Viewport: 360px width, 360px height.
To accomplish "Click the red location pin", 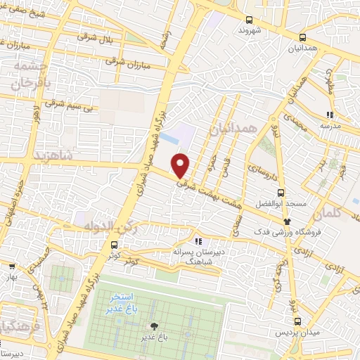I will pyautogui.click(x=181, y=165).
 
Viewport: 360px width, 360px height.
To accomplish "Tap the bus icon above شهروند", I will pyautogui.click(x=249, y=20).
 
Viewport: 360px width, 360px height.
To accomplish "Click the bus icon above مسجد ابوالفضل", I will pyautogui.click(x=281, y=192).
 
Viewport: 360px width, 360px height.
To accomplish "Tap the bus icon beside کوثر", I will pyautogui.click(x=114, y=245).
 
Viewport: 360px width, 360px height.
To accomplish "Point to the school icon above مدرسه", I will pyautogui.click(x=329, y=115).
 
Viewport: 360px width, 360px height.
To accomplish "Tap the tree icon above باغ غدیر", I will pyautogui.click(x=154, y=326).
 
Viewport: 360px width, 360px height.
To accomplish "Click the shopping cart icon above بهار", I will pyautogui.click(x=12, y=266).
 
